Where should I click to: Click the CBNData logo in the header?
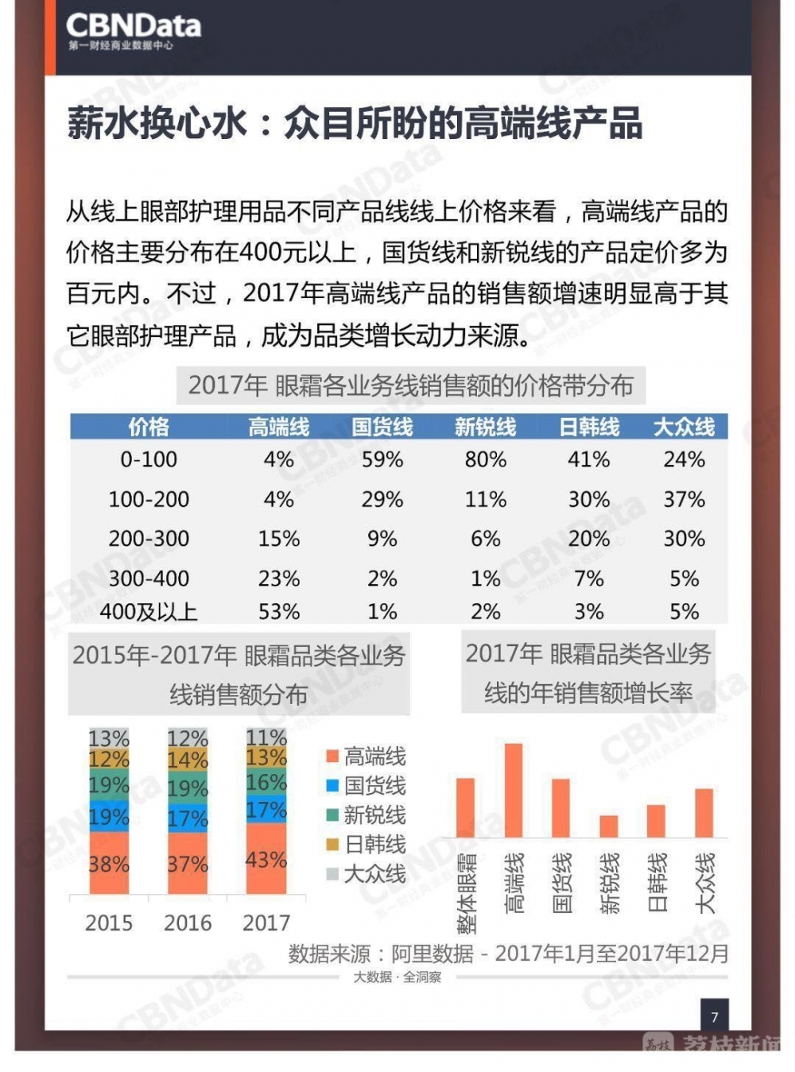[134, 31]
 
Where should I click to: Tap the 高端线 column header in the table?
[278, 427]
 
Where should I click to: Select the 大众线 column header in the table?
[684, 427]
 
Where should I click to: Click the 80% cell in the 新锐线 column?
[486, 459]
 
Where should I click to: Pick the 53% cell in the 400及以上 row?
[279, 611]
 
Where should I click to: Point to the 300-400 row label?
[149, 579]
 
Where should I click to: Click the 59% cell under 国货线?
[382, 459]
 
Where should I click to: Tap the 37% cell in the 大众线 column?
[684, 499]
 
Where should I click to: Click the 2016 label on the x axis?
[188, 923]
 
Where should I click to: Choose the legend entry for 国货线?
[366, 785]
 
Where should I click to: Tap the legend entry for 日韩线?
[366, 845]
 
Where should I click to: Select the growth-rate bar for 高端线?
[514, 790]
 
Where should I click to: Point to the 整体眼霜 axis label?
[467, 892]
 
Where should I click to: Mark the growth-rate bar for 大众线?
[704, 813]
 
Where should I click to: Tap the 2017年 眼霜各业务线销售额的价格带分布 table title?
[410, 385]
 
